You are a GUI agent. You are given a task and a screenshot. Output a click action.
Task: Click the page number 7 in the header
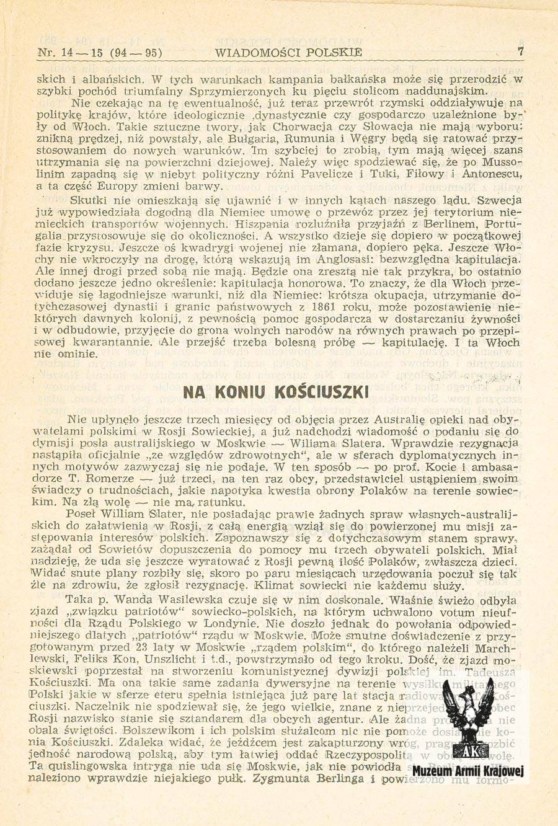click(x=520, y=52)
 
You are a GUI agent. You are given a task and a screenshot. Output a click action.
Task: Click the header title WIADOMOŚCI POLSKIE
click(x=288, y=53)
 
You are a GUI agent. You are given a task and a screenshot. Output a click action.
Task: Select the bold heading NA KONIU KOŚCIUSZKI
click(x=276, y=392)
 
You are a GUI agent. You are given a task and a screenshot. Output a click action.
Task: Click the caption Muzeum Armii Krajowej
click(x=468, y=771)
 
